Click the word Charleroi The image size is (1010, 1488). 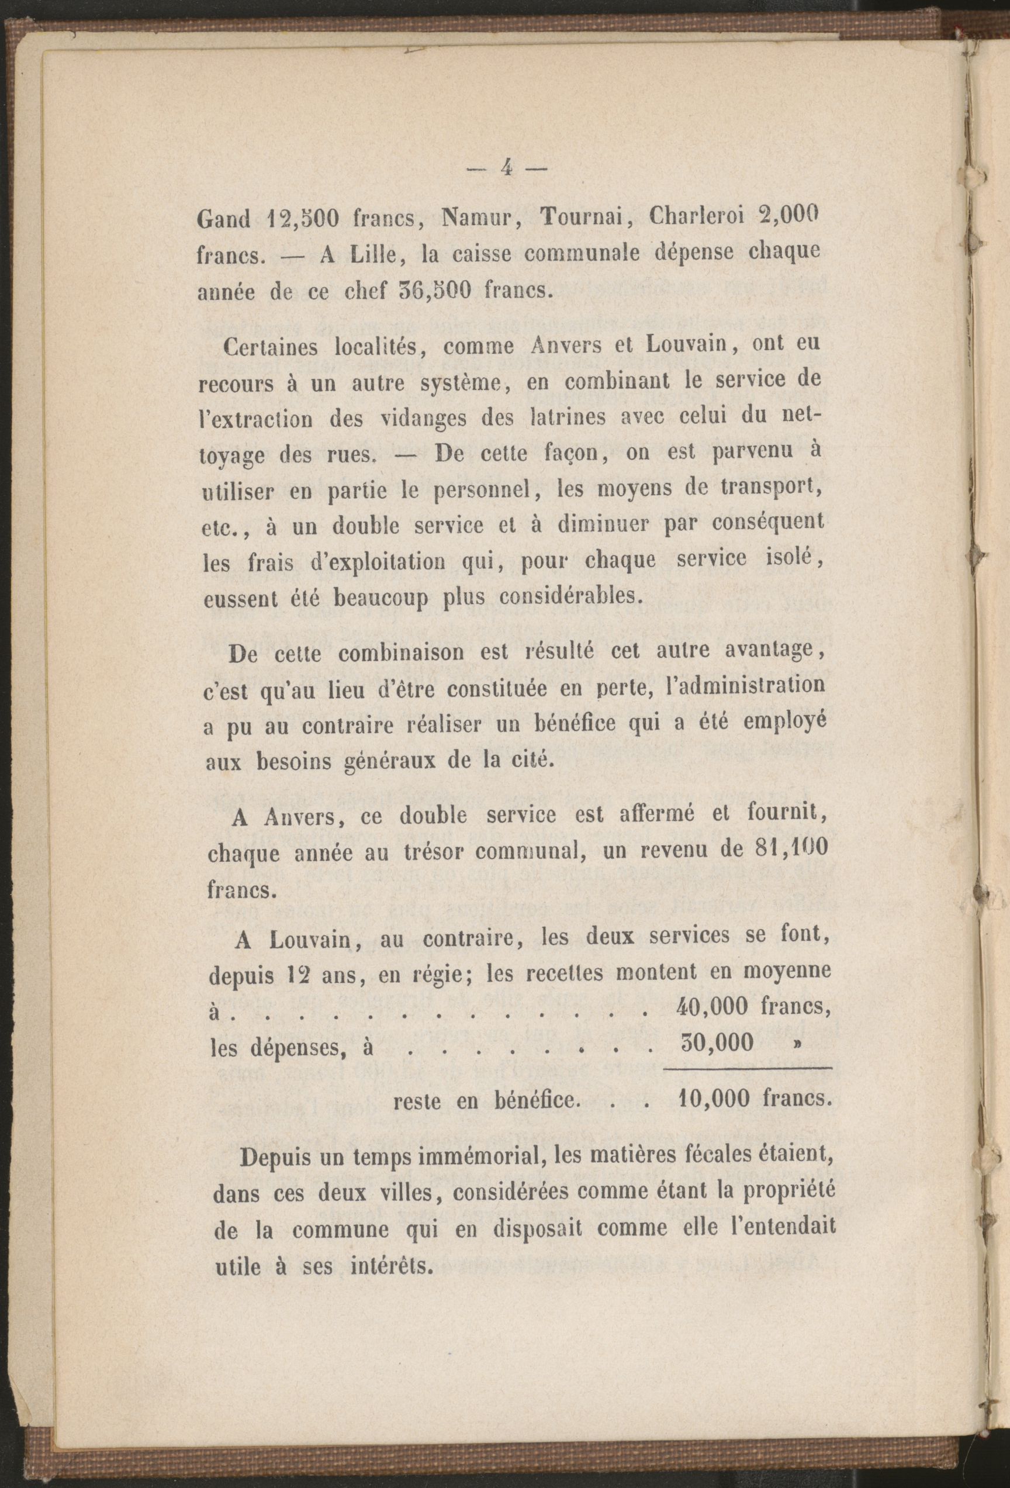coord(695,217)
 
